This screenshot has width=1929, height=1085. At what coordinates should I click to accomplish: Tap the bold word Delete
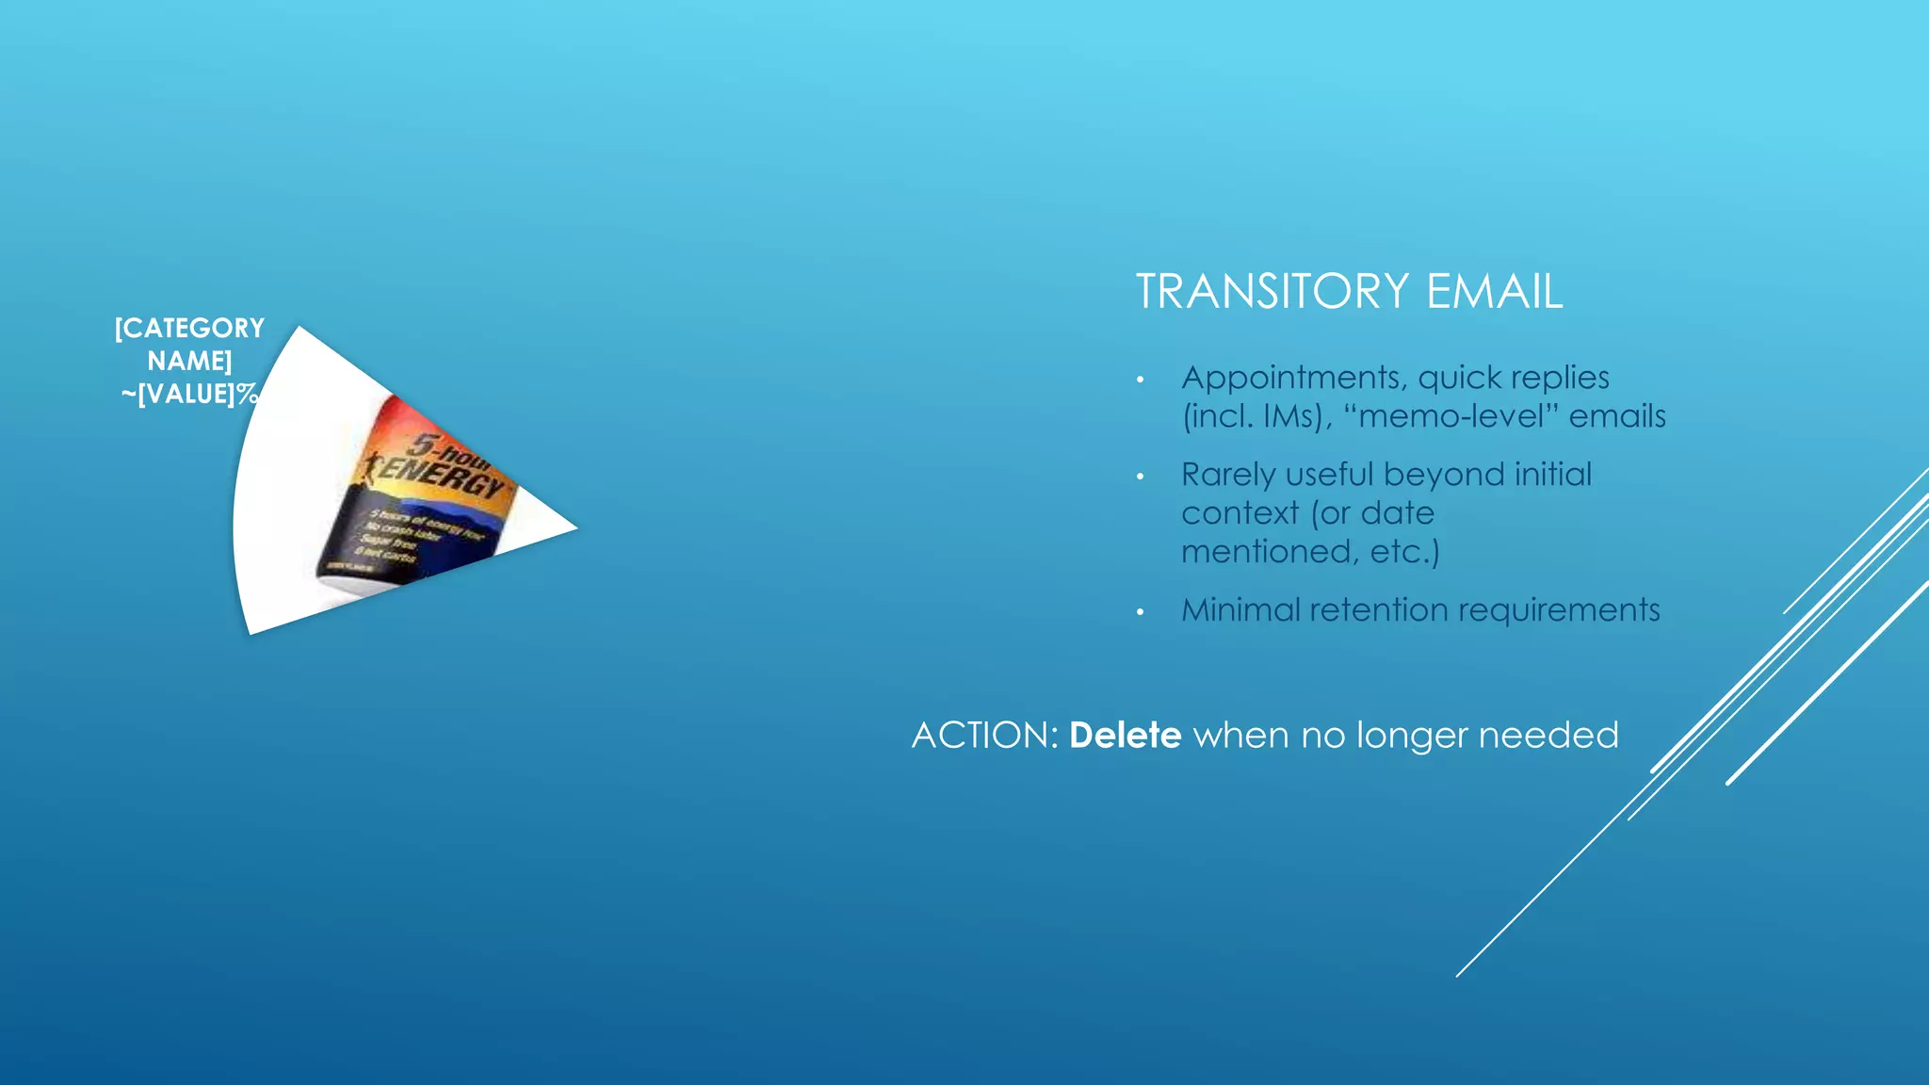click(x=1125, y=735)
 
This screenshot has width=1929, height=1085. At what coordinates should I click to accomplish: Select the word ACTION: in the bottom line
click(x=985, y=735)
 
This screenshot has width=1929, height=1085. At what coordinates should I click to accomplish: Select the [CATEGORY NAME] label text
click(x=189, y=344)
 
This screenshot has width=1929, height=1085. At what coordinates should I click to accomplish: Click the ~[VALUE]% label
click(x=189, y=395)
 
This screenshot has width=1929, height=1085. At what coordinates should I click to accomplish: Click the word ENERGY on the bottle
click(x=442, y=476)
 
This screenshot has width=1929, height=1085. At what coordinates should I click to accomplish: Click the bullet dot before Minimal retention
click(x=1140, y=613)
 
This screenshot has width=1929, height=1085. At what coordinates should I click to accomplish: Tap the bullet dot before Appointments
click(x=1140, y=381)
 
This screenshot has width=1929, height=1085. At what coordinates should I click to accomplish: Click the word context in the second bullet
click(x=1240, y=513)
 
